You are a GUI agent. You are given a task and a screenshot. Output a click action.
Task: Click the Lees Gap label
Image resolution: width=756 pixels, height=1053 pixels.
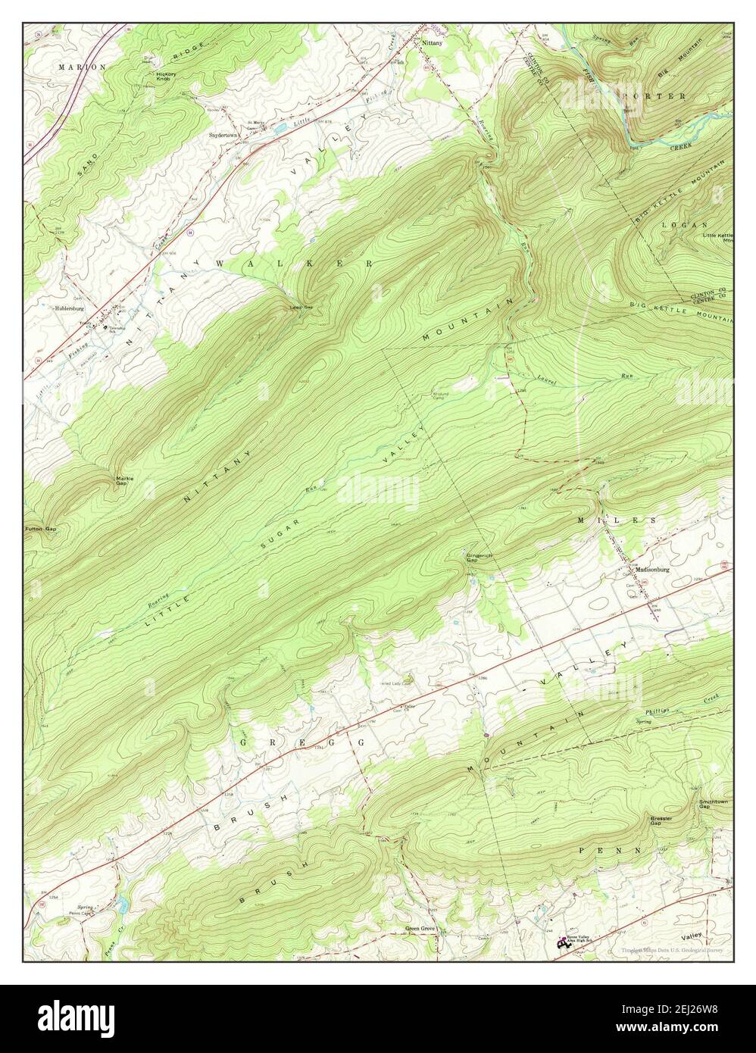point(301,308)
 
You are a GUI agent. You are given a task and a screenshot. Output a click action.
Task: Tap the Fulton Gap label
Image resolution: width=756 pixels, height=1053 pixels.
point(41,529)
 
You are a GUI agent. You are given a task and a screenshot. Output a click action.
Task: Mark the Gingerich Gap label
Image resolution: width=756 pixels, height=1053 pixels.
point(479,557)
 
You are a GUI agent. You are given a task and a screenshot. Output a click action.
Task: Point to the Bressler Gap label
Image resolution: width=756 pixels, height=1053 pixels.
point(662,820)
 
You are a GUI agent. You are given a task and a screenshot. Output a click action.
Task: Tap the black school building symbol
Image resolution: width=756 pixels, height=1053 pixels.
point(562,944)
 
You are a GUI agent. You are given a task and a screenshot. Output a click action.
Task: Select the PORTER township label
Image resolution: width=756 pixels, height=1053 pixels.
point(653,97)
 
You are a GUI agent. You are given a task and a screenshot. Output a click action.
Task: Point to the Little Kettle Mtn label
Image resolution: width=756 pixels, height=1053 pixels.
point(717,238)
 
